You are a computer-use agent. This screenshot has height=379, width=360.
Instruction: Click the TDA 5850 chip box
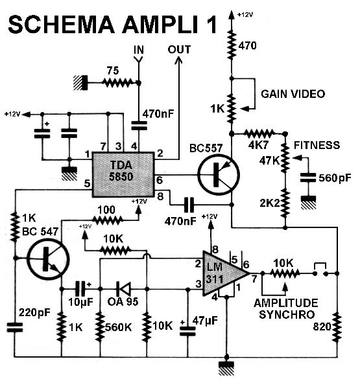click(123, 174)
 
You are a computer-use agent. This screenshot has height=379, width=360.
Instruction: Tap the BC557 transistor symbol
click(219, 174)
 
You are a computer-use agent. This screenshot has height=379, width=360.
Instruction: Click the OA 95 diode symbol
click(123, 288)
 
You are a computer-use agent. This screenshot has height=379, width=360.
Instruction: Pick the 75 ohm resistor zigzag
click(117, 83)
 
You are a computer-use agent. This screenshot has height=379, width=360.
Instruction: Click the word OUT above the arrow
click(179, 49)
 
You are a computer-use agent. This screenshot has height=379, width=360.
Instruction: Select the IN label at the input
click(139, 50)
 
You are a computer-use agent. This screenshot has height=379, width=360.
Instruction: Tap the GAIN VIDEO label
click(293, 94)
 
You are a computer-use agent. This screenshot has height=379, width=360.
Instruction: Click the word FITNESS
click(317, 145)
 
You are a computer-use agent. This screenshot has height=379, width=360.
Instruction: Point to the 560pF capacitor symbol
click(308, 178)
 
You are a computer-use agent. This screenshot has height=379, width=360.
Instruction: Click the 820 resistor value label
click(322, 327)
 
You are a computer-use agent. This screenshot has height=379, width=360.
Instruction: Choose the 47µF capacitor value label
click(205, 321)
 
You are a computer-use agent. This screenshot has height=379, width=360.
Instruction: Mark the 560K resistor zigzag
click(100, 327)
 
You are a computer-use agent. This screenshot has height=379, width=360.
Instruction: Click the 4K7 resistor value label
click(258, 144)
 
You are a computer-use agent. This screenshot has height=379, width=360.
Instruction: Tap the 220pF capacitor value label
click(34, 312)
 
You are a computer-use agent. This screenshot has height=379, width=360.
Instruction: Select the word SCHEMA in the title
click(61, 25)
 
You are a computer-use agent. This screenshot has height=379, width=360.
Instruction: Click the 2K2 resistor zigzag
click(285, 203)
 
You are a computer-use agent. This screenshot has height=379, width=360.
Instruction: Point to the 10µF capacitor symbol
click(81, 288)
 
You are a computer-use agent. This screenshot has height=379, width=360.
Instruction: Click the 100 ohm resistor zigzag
click(108, 220)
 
